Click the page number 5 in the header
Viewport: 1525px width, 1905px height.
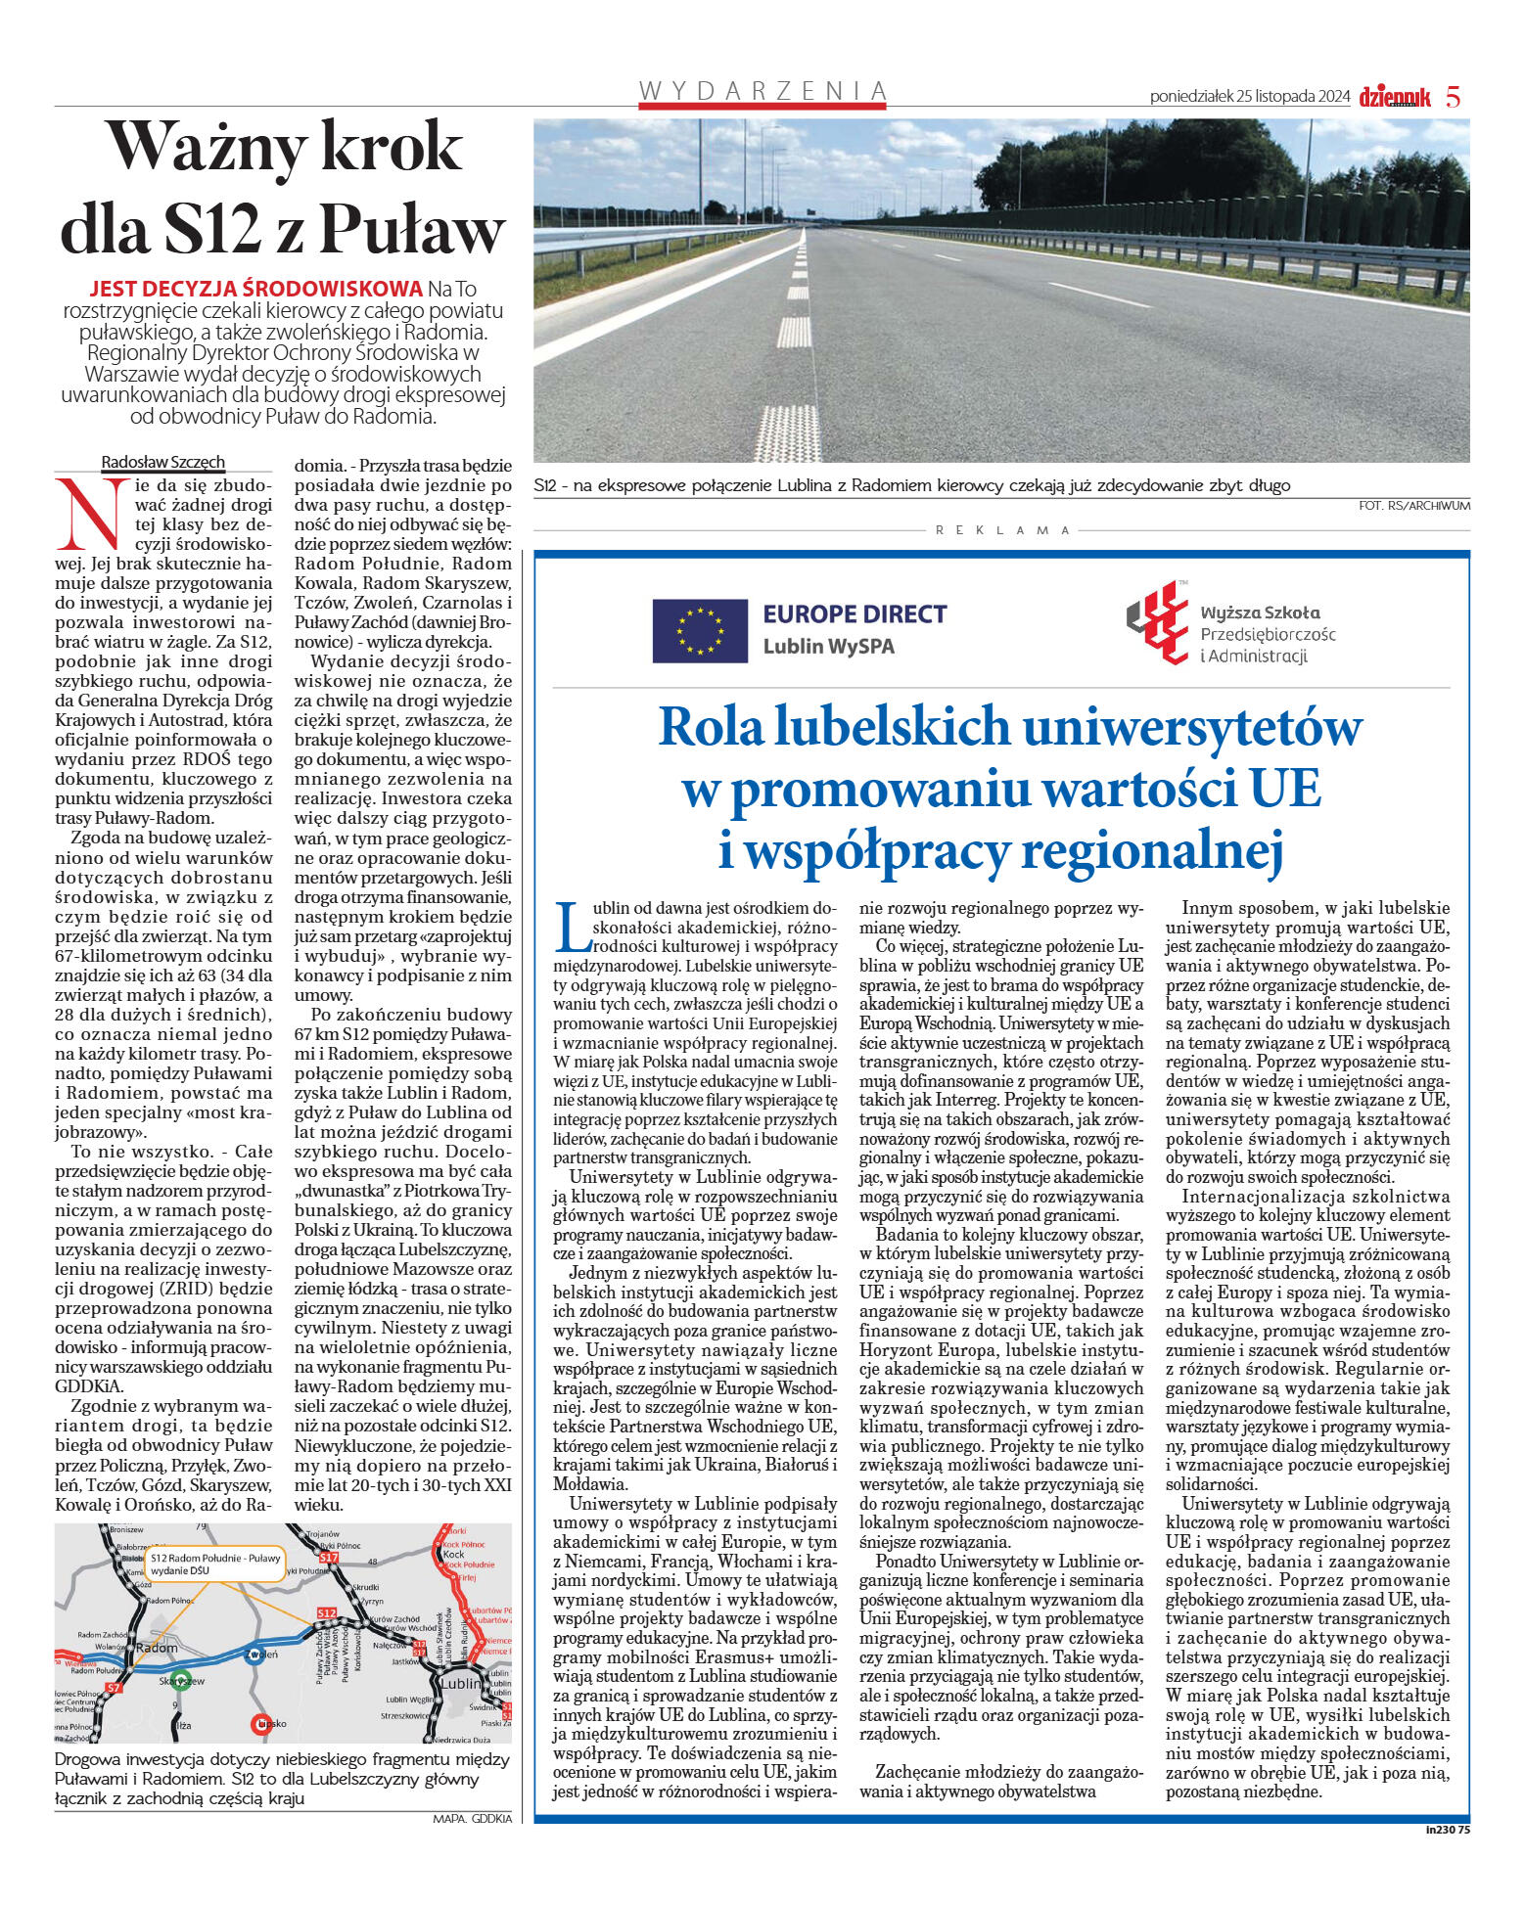1453,97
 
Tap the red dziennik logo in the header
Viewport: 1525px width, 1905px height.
1394,97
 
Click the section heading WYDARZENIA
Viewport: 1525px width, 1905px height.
763,91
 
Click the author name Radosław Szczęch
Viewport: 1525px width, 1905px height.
163,462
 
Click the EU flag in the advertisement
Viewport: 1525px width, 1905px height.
699,631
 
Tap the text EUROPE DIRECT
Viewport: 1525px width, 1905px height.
855,614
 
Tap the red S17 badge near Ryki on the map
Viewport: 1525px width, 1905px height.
328,1556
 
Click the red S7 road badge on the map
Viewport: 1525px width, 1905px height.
115,1688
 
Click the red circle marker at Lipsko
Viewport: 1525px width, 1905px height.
261,1724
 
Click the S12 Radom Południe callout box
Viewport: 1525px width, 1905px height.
215,1563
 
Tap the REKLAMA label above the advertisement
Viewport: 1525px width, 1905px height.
1002,530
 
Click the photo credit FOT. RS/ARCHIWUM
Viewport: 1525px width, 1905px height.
1413,506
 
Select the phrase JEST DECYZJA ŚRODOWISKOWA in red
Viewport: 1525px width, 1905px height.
255,289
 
